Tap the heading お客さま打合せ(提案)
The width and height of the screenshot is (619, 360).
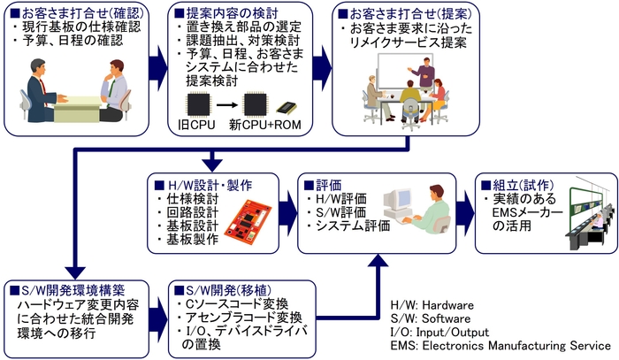tap(399, 12)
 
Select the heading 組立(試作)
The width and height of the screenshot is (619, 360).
tap(515, 186)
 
